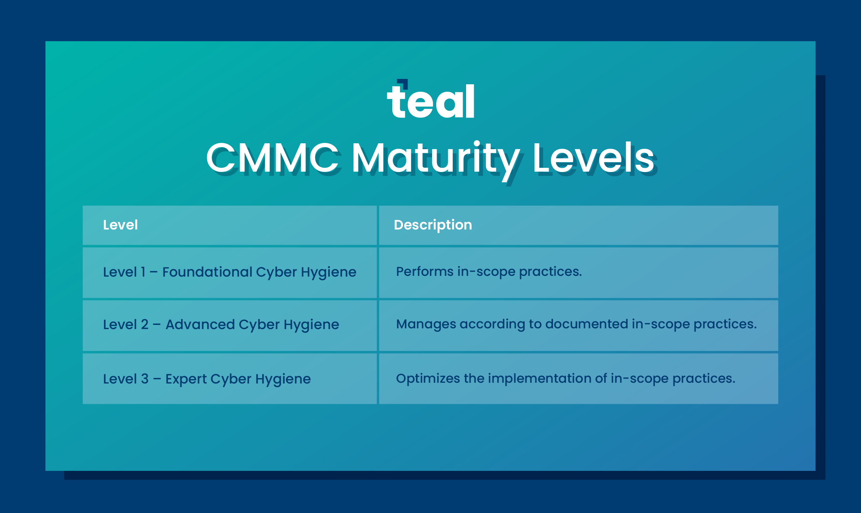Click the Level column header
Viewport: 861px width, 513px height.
point(120,225)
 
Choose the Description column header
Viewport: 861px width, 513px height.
point(433,225)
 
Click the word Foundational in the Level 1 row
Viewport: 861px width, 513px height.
point(207,272)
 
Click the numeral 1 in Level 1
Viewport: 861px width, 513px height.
point(143,272)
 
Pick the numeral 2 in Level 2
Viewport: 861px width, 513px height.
point(145,325)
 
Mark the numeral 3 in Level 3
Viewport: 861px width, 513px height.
point(145,379)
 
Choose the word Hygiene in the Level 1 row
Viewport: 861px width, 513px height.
point(328,272)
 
